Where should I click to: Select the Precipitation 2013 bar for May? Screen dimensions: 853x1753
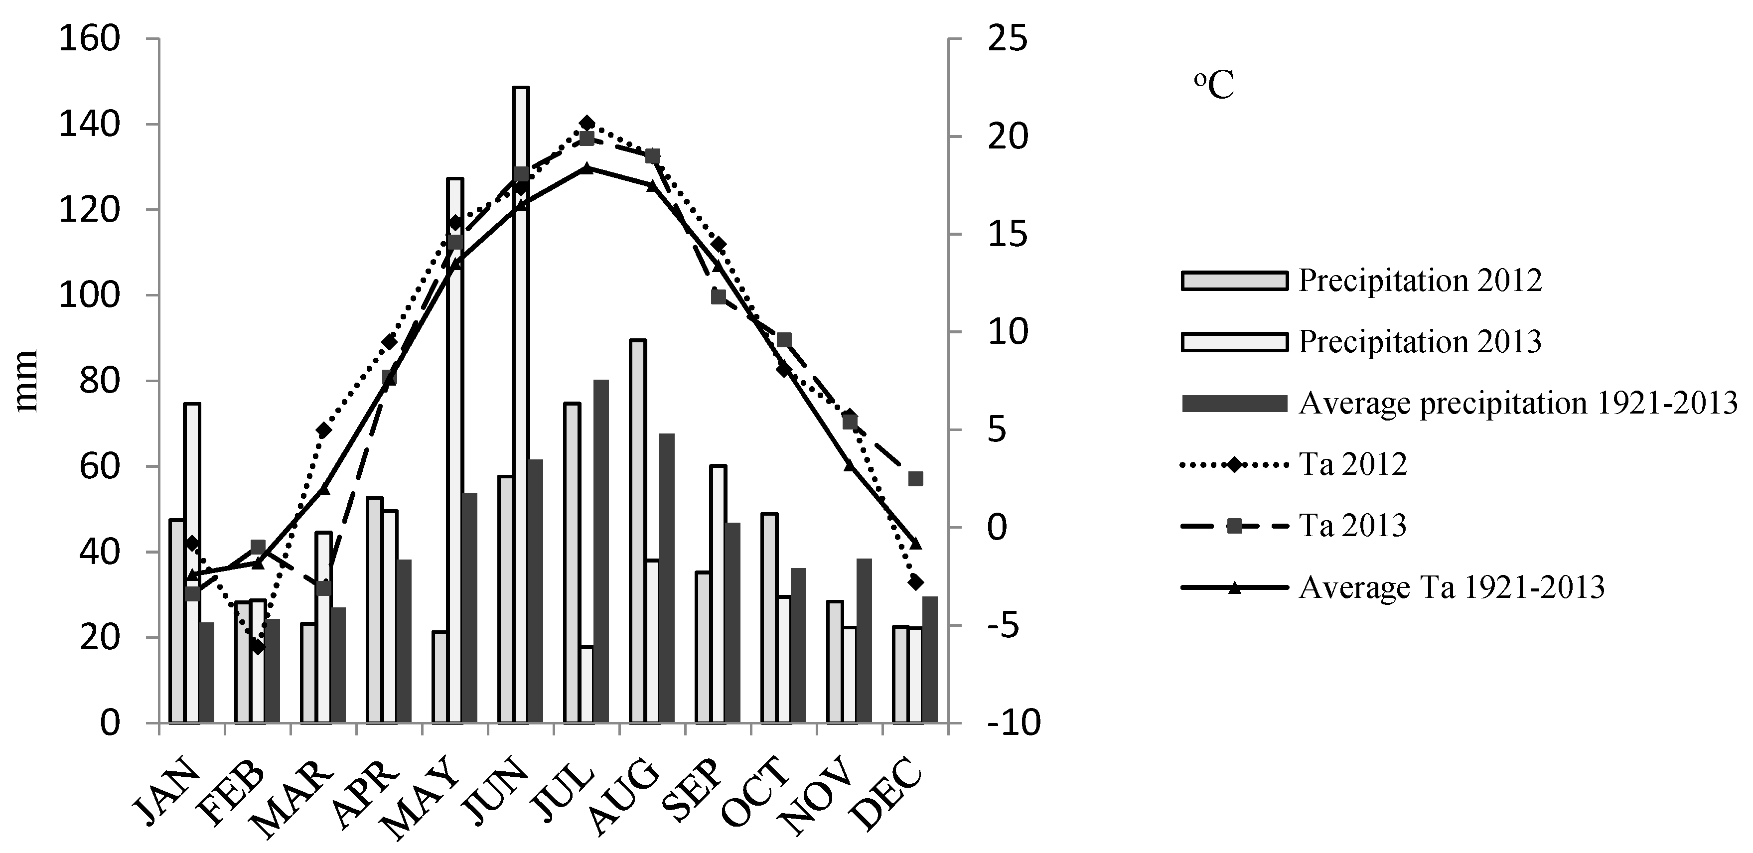[455, 449]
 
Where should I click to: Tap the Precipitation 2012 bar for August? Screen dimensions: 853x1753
[638, 531]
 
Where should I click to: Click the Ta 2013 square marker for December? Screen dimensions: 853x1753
[916, 479]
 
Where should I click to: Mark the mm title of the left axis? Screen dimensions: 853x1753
[27, 381]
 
